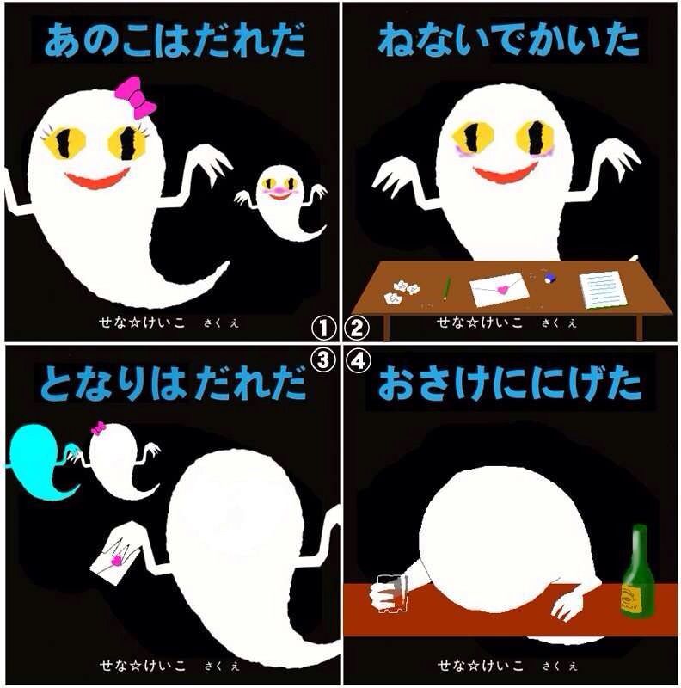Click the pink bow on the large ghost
tap(136, 97)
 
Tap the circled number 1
tap(323, 329)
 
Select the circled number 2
tap(357, 329)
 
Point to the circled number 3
tap(323, 360)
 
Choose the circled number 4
tap(358, 361)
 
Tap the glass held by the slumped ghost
tap(391, 593)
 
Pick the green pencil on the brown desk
tap(447, 288)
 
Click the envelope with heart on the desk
tap(500, 289)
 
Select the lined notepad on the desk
tap(603, 290)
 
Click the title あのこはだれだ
tap(175, 40)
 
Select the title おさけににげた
tap(509, 384)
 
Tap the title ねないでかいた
tap(508, 40)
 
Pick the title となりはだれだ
tap(173, 383)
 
